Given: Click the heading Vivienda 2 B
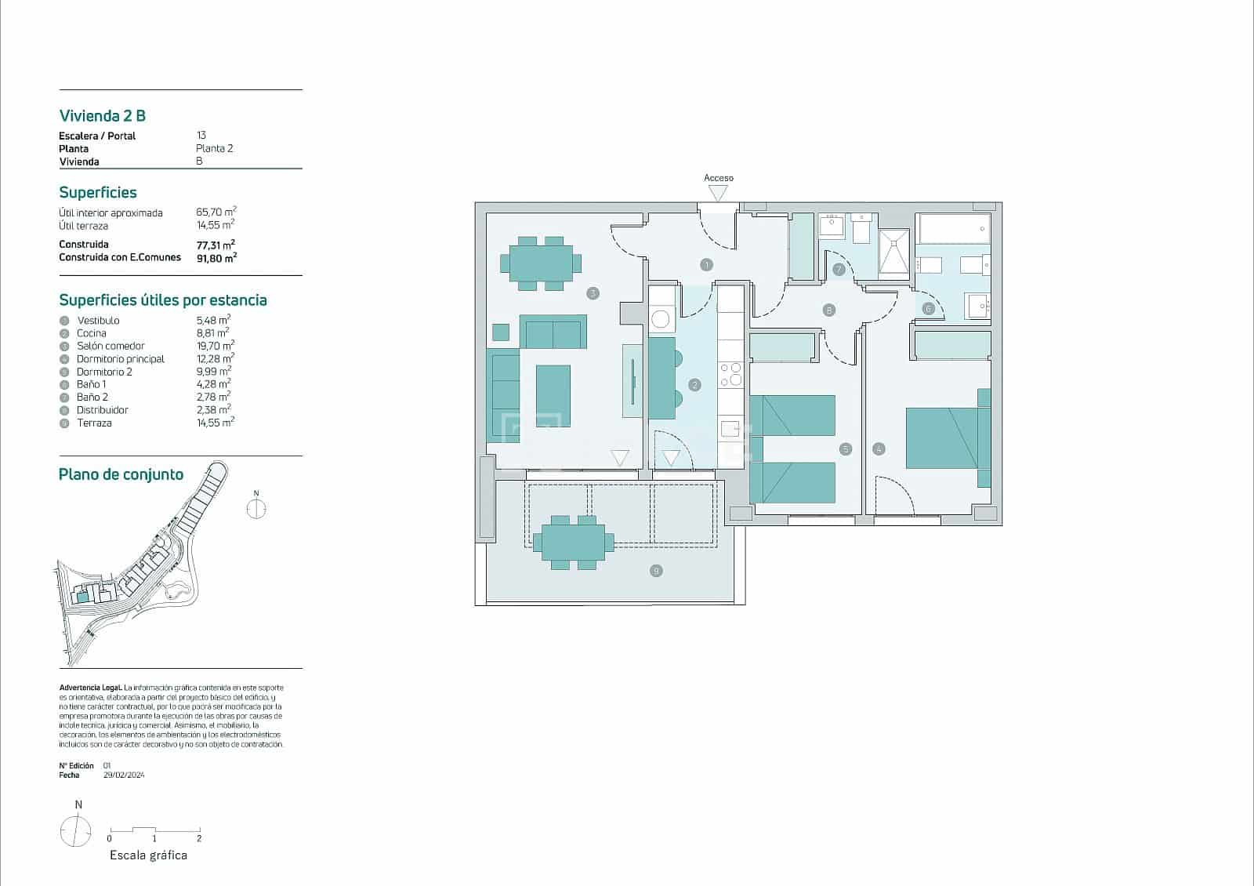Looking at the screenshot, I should pos(103,116).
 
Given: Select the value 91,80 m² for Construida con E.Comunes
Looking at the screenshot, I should pos(216,257).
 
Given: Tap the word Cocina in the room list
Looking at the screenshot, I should pos(92,333).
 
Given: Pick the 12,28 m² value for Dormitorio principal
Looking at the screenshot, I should pos(214,359).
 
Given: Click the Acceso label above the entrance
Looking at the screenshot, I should pos(719,178).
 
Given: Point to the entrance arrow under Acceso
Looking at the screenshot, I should pos(718,193).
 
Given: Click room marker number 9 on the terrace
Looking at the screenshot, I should pos(656,571).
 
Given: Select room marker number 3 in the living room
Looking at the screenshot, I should pos(593,293).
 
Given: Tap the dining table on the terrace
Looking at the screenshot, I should pos(573,542).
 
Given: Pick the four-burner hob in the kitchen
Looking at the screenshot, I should pos(730,374).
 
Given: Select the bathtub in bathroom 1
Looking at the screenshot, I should pos(954,229).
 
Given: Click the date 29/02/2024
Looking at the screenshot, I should pos(124,775).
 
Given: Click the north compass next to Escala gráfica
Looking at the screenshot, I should pos(76,831).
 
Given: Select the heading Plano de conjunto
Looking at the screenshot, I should pos(121,474).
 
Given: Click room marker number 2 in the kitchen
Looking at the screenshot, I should pos(694,385).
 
